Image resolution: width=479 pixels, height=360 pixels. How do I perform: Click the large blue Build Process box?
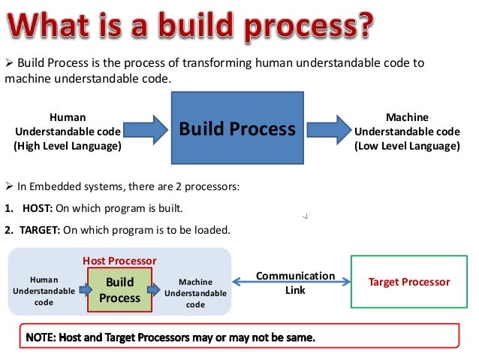tap(236, 129)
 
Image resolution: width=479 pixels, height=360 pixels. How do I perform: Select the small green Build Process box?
tap(120, 290)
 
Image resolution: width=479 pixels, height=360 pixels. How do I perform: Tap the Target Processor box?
tap(409, 282)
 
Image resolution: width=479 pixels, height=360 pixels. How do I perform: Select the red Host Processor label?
tap(120, 261)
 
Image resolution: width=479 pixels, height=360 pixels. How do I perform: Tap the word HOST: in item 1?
tap(39, 208)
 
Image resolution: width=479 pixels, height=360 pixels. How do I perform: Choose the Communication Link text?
tap(295, 283)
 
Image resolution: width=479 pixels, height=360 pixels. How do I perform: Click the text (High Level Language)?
tap(68, 146)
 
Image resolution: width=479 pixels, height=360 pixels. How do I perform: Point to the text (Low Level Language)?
tap(407, 146)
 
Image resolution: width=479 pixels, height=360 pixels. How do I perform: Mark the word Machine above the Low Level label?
tap(407, 117)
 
